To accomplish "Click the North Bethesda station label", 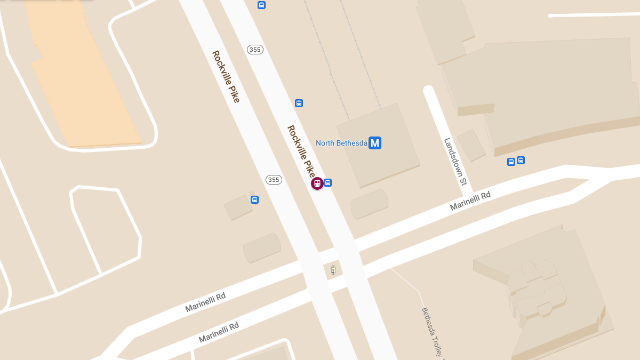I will coord(341,143).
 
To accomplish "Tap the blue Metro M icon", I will coord(375,143).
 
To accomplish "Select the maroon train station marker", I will coord(317,183).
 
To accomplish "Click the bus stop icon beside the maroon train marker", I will coord(328,182).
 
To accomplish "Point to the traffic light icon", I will coord(333,269).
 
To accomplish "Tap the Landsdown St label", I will coord(455,162).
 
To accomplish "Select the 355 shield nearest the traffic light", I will coord(274,180).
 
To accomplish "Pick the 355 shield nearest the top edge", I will coord(255,50).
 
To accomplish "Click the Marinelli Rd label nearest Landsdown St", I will coord(470,201).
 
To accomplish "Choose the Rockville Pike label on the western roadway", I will coord(226,76).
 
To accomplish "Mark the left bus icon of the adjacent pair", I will coord(511,162).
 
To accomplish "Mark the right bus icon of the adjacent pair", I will coord(521,160).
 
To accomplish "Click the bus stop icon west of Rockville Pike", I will coord(254,200).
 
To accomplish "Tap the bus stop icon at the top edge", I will coord(261,5).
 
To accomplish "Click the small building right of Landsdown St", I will coord(471,145).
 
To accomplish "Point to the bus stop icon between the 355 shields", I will coord(299,103).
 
